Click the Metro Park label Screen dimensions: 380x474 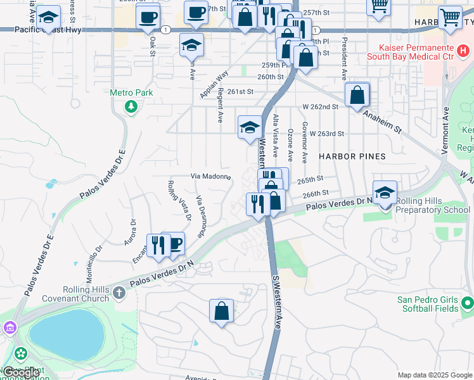pyautogui.click(x=131, y=92)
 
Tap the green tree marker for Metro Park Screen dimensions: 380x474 pyautogui.click(x=131, y=106)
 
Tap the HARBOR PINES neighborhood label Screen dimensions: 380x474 pyautogui.click(x=352, y=156)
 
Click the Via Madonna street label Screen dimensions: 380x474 pyautogui.click(x=211, y=177)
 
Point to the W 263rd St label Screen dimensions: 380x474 pyautogui.click(x=326, y=134)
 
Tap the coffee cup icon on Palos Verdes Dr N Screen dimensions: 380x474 pyautogui.click(x=174, y=244)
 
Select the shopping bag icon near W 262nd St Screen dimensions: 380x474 pyautogui.click(x=357, y=95)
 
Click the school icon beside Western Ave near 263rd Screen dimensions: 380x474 pyautogui.click(x=250, y=127)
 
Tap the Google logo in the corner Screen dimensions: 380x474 pyautogui.click(x=22, y=373)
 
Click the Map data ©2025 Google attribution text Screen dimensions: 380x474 pyautogui.click(x=435, y=375)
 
